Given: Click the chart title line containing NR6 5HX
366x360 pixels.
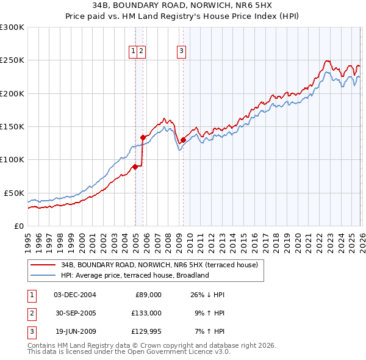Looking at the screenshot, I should pyautogui.click(x=183, y=5).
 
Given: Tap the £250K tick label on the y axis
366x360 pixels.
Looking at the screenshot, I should pyautogui.click(x=12, y=60).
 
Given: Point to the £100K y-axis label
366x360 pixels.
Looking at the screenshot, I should pyautogui.click(x=12, y=159).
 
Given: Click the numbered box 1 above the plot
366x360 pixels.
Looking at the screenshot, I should pyautogui.click(x=133, y=51).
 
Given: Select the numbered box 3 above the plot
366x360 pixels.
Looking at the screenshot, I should pyautogui.click(x=182, y=51).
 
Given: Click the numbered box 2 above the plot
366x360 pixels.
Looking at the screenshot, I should pyautogui.click(x=141, y=51).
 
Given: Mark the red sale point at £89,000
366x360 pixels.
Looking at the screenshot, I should pyautogui.click(x=135, y=167).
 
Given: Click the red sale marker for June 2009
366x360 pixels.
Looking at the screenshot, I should pyautogui.click(x=183, y=140).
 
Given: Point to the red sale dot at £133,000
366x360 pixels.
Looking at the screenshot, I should pyautogui.click(x=143, y=137).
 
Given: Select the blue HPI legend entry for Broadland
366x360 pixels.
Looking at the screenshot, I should pyautogui.click(x=135, y=275).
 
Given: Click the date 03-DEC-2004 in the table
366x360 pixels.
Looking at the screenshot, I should pyautogui.click(x=75, y=295).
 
